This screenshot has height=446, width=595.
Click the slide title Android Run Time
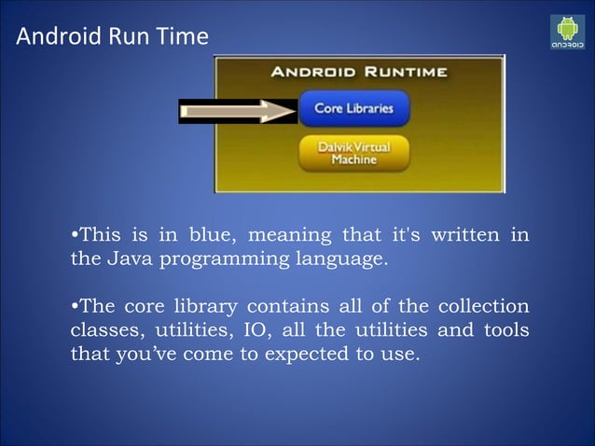click(113, 38)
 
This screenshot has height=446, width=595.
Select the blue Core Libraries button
click(353, 108)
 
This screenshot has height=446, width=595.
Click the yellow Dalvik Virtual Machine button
click(353, 153)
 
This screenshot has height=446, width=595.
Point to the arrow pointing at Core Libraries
click(238, 111)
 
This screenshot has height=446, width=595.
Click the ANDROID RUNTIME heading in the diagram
click(359, 71)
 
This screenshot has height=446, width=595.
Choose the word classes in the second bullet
click(101, 330)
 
